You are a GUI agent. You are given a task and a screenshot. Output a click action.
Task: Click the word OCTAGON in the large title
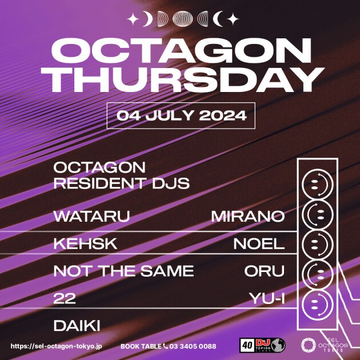(x=181, y=51)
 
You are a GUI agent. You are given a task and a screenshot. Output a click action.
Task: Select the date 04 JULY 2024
(x=181, y=115)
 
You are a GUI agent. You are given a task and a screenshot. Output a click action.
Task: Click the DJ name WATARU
(x=92, y=216)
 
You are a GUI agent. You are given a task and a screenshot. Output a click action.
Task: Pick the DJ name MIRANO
(x=248, y=216)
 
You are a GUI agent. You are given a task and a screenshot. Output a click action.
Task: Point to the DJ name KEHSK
(x=85, y=243)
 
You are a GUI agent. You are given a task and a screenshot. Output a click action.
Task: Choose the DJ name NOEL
(x=259, y=243)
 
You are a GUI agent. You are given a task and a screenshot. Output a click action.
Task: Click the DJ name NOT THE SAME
(x=124, y=271)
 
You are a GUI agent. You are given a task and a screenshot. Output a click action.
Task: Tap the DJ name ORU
(x=265, y=271)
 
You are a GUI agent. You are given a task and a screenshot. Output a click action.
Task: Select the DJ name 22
(x=65, y=298)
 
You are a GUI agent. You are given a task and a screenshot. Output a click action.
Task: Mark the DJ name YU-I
(x=267, y=298)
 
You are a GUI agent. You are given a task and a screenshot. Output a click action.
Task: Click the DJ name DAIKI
(x=77, y=326)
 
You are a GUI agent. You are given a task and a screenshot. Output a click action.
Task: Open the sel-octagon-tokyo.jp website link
(x=56, y=346)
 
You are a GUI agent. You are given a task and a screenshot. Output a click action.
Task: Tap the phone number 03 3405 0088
(x=193, y=346)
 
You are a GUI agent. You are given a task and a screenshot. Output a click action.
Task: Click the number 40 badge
(x=247, y=345)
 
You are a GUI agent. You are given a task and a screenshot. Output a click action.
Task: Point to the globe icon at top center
(x=182, y=19)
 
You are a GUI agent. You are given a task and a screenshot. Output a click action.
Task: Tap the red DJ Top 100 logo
(x=263, y=345)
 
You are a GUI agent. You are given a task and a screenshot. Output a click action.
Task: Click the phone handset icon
(x=165, y=346)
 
